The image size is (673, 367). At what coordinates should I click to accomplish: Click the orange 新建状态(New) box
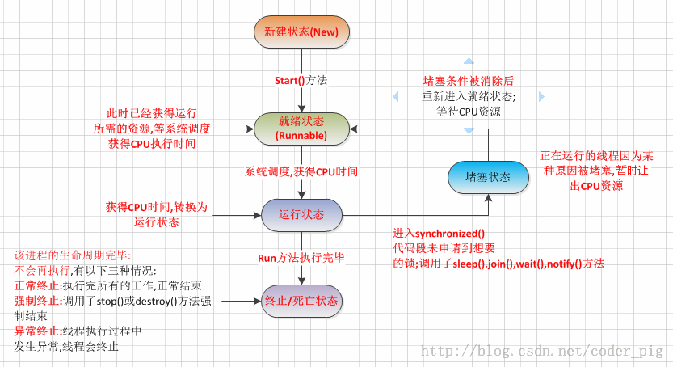pyautogui.click(x=301, y=32)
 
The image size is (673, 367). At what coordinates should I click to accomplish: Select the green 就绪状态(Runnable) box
pyautogui.click(x=301, y=128)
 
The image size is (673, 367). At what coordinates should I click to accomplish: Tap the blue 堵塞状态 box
pyautogui.click(x=488, y=177)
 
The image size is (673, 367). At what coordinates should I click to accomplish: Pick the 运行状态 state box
pyautogui.click(x=301, y=215)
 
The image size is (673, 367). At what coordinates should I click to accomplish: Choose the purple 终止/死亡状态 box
pyautogui.click(x=301, y=301)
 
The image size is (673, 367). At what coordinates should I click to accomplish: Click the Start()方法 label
pyautogui.click(x=301, y=80)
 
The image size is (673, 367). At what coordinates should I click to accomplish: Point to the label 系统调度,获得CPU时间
pyautogui.click(x=301, y=171)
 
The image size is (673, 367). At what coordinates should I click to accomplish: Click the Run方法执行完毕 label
pyautogui.click(x=301, y=258)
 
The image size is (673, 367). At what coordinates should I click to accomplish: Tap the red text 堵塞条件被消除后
pyautogui.click(x=469, y=81)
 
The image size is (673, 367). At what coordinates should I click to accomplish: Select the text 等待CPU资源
pyautogui.click(x=469, y=112)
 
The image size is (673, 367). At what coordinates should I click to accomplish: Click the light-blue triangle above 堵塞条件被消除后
pyautogui.click(x=468, y=61)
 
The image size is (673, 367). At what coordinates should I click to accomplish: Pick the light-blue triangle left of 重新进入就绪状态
pyautogui.click(x=394, y=96)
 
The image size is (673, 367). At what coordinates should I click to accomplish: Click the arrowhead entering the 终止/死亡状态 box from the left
pyautogui.click(x=257, y=301)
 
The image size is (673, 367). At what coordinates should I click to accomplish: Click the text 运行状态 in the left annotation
pyautogui.click(x=156, y=221)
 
